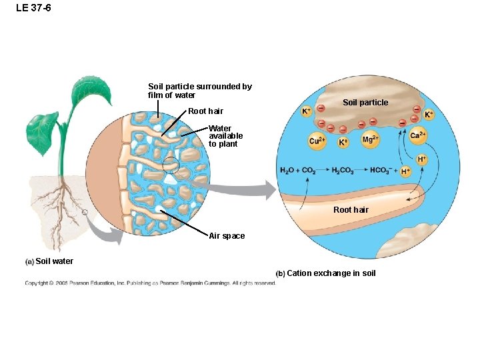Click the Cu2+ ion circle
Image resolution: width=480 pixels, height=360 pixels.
click(x=317, y=140)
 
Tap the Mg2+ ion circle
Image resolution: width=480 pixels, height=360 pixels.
click(x=371, y=139)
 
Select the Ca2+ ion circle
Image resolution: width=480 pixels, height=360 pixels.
click(x=418, y=136)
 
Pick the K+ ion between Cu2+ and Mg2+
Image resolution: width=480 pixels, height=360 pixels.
click(x=343, y=142)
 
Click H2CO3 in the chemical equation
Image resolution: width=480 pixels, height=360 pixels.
click(x=343, y=170)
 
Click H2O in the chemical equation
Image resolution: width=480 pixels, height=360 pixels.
click(x=287, y=170)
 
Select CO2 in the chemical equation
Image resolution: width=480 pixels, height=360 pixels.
click(x=309, y=170)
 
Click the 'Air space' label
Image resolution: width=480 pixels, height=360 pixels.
click(x=227, y=236)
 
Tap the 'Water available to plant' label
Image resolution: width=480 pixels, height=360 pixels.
click(x=225, y=136)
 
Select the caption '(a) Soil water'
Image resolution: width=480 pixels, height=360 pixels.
click(x=49, y=261)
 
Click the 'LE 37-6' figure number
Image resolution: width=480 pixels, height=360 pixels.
click(x=33, y=8)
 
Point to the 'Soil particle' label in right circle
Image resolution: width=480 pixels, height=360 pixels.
click(x=365, y=103)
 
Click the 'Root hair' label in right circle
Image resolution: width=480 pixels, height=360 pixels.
click(x=351, y=210)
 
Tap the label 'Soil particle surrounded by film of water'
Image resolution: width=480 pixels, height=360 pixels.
click(x=199, y=91)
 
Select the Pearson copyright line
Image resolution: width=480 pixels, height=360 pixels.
click(x=150, y=283)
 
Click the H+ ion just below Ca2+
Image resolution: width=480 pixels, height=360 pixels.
click(x=422, y=159)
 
